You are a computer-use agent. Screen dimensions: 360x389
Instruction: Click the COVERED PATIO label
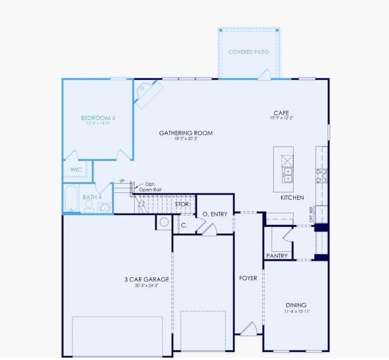(248, 52)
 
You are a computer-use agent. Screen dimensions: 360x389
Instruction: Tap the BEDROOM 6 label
(98, 118)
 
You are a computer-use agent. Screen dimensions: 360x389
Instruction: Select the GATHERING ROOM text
(186, 133)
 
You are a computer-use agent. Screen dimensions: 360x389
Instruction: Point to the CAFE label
(281, 113)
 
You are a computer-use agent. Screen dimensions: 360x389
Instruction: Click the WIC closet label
(76, 170)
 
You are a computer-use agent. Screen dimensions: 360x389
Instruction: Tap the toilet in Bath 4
(89, 206)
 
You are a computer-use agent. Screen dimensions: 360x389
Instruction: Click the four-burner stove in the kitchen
(322, 175)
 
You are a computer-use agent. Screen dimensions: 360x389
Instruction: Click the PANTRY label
(277, 256)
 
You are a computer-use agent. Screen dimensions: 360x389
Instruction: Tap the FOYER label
(248, 278)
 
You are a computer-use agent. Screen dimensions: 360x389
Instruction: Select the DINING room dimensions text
(297, 311)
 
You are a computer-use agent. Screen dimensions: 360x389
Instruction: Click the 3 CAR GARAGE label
(146, 280)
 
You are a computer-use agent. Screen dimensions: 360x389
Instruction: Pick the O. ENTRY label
(215, 214)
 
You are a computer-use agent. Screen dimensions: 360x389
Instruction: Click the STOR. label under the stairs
(182, 205)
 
